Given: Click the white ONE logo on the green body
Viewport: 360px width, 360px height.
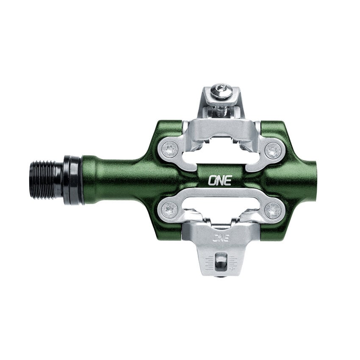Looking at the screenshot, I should [219, 180].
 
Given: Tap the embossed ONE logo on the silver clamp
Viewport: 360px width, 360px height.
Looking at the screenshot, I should [221, 238].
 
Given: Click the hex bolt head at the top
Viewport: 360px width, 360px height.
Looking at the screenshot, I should [221, 91].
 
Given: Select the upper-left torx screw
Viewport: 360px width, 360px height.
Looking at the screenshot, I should [170, 149].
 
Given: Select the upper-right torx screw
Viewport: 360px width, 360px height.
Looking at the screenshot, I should [273, 150].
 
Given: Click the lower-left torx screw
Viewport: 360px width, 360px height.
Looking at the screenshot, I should [170, 209].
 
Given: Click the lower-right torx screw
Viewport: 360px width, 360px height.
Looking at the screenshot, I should [273, 210].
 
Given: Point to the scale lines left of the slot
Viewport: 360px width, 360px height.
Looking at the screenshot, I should [209, 263].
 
